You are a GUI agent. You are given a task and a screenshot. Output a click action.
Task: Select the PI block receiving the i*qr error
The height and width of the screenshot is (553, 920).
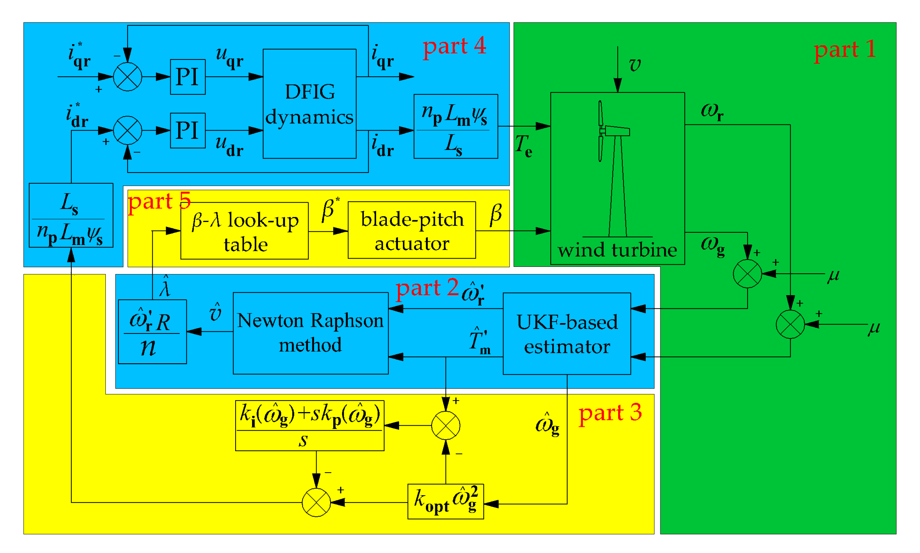coord(188,77)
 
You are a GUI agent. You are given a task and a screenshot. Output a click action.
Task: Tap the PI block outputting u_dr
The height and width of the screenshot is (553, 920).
coord(188,131)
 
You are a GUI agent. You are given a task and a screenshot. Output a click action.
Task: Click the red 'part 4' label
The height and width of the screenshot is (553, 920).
coord(454,46)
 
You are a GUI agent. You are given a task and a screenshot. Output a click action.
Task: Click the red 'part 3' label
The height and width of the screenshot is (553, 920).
coord(610,413)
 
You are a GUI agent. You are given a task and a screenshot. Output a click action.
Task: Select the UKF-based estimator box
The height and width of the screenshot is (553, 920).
coord(566,334)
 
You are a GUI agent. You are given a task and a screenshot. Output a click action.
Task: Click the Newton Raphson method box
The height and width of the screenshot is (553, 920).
coord(310,333)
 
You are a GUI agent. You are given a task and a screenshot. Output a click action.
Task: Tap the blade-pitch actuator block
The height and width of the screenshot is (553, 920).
coord(412,230)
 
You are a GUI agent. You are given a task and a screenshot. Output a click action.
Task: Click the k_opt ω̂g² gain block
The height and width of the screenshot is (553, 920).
coord(445,501)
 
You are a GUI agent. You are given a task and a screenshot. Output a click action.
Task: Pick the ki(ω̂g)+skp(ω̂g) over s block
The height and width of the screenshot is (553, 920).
coord(309,426)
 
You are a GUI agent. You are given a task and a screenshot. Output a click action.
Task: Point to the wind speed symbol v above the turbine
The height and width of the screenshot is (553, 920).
coord(635,65)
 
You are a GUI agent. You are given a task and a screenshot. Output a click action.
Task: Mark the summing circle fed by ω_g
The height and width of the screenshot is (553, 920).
coord(747,274)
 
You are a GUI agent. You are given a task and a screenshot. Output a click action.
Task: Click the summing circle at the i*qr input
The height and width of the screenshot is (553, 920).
coord(127,77)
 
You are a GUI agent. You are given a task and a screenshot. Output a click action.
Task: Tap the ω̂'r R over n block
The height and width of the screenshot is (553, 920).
coord(152,331)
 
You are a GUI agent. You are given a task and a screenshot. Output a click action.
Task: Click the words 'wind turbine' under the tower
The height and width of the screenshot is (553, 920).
coord(617,250)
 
